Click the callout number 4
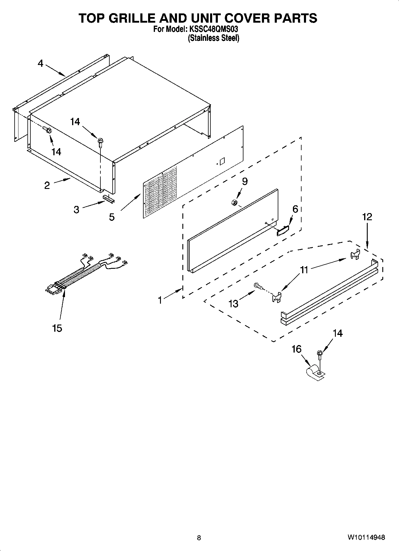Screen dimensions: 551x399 (40, 63)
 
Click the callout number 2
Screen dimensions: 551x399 (47, 186)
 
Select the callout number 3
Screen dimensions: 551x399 (77, 210)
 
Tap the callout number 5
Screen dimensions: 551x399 (111, 217)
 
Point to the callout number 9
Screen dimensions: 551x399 (245, 181)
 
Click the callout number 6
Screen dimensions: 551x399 (295, 209)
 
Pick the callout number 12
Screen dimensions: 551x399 (367, 217)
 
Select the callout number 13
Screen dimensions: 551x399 (233, 304)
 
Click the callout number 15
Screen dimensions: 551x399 (57, 328)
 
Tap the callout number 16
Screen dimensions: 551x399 (296, 349)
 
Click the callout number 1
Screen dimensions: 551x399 (160, 300)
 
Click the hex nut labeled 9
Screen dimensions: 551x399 (234, 203)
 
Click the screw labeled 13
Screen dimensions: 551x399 (258, 286)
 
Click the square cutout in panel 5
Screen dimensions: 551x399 (222, 161)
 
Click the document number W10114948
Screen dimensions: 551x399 (366, 538)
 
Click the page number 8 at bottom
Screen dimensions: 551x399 (199, 538)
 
